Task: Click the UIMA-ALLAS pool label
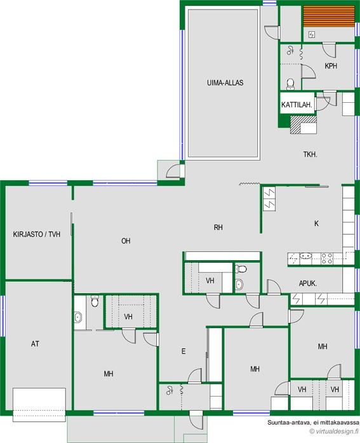(225, 83)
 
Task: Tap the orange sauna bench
(329, 17)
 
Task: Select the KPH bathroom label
(331, 66)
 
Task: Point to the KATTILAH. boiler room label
(297, 105)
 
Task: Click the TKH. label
(310, 154)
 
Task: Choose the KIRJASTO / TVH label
(37, 234)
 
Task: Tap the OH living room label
(126, 241)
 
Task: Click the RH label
(218, 227)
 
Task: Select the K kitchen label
(316, 223)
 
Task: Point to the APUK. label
(308, 283)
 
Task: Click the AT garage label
(35, 344)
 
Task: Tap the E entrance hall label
(183, 351)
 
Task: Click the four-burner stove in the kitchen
(326, 259)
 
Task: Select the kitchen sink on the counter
(305, 256)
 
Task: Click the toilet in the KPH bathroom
(290, 84)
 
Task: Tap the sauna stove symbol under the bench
(312, 35)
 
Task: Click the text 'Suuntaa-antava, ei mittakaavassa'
(314, 423)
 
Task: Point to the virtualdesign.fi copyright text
(334, 431)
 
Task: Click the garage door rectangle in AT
(39, 404)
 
